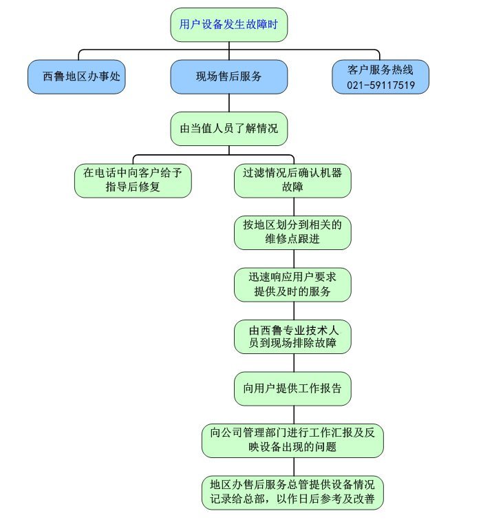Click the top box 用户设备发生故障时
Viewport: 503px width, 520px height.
[228, 25]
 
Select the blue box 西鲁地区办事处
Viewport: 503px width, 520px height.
[81, 76]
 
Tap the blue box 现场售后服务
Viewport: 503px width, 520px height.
[228, 76]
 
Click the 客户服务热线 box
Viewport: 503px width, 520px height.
[381, 76]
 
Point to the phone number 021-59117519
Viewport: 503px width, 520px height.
[381, 85]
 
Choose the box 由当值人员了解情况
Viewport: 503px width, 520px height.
[228, 129]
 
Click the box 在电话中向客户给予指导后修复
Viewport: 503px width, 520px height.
[133, 180]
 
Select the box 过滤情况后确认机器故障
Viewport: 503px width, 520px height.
[292, 180]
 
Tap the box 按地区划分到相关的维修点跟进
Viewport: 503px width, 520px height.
[292, 233]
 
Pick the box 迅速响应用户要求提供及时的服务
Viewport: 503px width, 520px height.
[292, 284]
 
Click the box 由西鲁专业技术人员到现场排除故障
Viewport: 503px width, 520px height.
[292, 336]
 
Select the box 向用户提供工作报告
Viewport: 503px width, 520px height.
[292, 388]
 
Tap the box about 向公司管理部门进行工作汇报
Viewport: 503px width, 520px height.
[292, 440]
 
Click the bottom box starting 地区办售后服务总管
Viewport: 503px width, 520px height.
[292, 492]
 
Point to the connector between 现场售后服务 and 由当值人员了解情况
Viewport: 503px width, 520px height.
[228, 103]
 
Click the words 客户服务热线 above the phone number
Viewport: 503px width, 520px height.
[381, 69]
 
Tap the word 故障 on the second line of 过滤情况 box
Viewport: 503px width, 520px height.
[292, 187]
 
